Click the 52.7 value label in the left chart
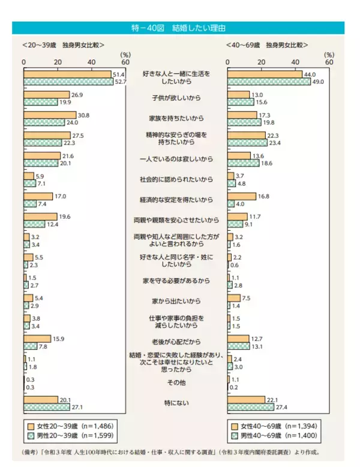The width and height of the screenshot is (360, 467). point(120,82)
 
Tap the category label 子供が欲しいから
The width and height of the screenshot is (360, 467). point(176,97)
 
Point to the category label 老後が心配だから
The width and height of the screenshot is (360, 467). point(176,342)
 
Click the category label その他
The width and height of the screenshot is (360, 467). point(176,382)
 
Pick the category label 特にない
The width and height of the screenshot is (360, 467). point(176,403)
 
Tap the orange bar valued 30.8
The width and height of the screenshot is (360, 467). point(50,115)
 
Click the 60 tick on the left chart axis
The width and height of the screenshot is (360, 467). point(125,62)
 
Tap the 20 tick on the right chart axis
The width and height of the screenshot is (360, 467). point(261,62)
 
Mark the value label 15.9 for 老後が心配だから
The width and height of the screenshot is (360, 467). point(58,339)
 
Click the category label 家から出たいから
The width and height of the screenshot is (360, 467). point(176,301)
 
